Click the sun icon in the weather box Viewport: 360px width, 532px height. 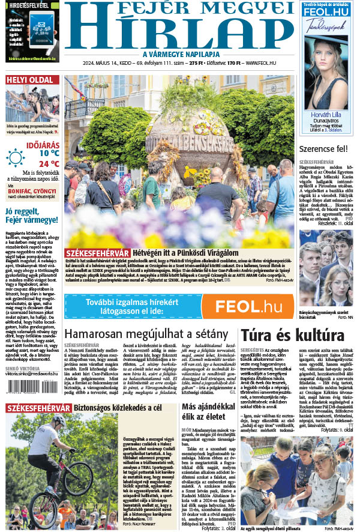point(15,158)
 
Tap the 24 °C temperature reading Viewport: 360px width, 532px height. point(49,163)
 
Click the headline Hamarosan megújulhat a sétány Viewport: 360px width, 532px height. point(146,334)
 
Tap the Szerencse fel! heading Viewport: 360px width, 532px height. point(327,148)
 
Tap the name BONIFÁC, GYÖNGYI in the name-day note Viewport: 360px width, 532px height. point(32,190)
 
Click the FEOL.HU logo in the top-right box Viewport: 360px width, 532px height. point(327,12)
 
